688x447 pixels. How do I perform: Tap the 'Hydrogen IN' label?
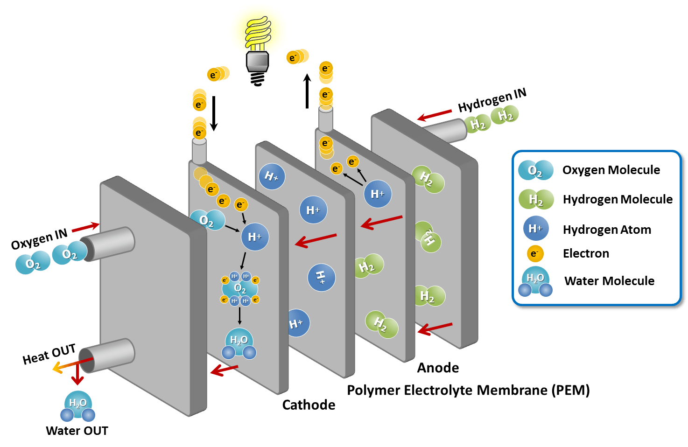492,100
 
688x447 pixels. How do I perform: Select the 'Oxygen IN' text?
39,239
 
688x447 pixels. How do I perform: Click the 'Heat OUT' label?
49,354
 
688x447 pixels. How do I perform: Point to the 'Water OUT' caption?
77,430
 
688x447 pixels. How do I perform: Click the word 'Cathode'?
309,405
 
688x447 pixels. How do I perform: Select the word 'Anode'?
438,368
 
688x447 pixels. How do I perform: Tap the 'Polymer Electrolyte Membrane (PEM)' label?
469,390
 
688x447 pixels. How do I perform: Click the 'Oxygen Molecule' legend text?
611,170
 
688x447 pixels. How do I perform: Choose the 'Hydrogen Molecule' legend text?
618,199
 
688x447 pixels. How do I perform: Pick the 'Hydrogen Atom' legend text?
607,230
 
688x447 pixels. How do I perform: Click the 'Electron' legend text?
586,253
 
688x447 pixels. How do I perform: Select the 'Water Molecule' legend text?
610,280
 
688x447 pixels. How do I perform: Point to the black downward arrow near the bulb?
214,113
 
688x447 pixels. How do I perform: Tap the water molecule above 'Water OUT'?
77,406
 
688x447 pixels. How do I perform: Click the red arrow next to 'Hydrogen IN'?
434,115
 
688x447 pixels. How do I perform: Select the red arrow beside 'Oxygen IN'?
86,228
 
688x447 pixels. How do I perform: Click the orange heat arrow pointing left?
72,365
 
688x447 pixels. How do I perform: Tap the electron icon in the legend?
535,253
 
